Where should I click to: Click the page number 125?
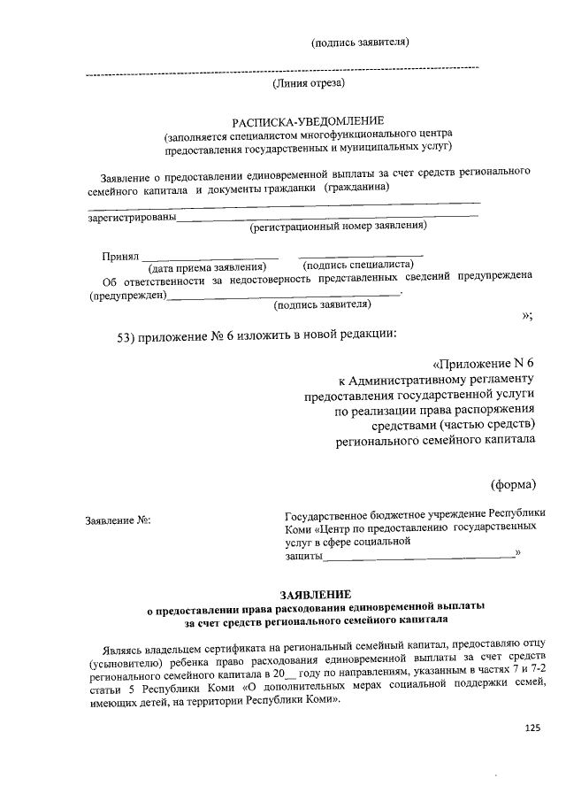[532, 728]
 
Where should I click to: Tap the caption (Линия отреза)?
[308, 84]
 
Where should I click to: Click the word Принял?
[121, 256]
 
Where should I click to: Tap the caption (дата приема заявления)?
[207, 266]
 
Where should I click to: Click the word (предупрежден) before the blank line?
[128, 296]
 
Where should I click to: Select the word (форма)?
[513, 483]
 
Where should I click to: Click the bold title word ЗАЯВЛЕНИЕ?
[315, 593]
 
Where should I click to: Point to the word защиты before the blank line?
[302, 556]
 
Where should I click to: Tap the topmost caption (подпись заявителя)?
[360, 41]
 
